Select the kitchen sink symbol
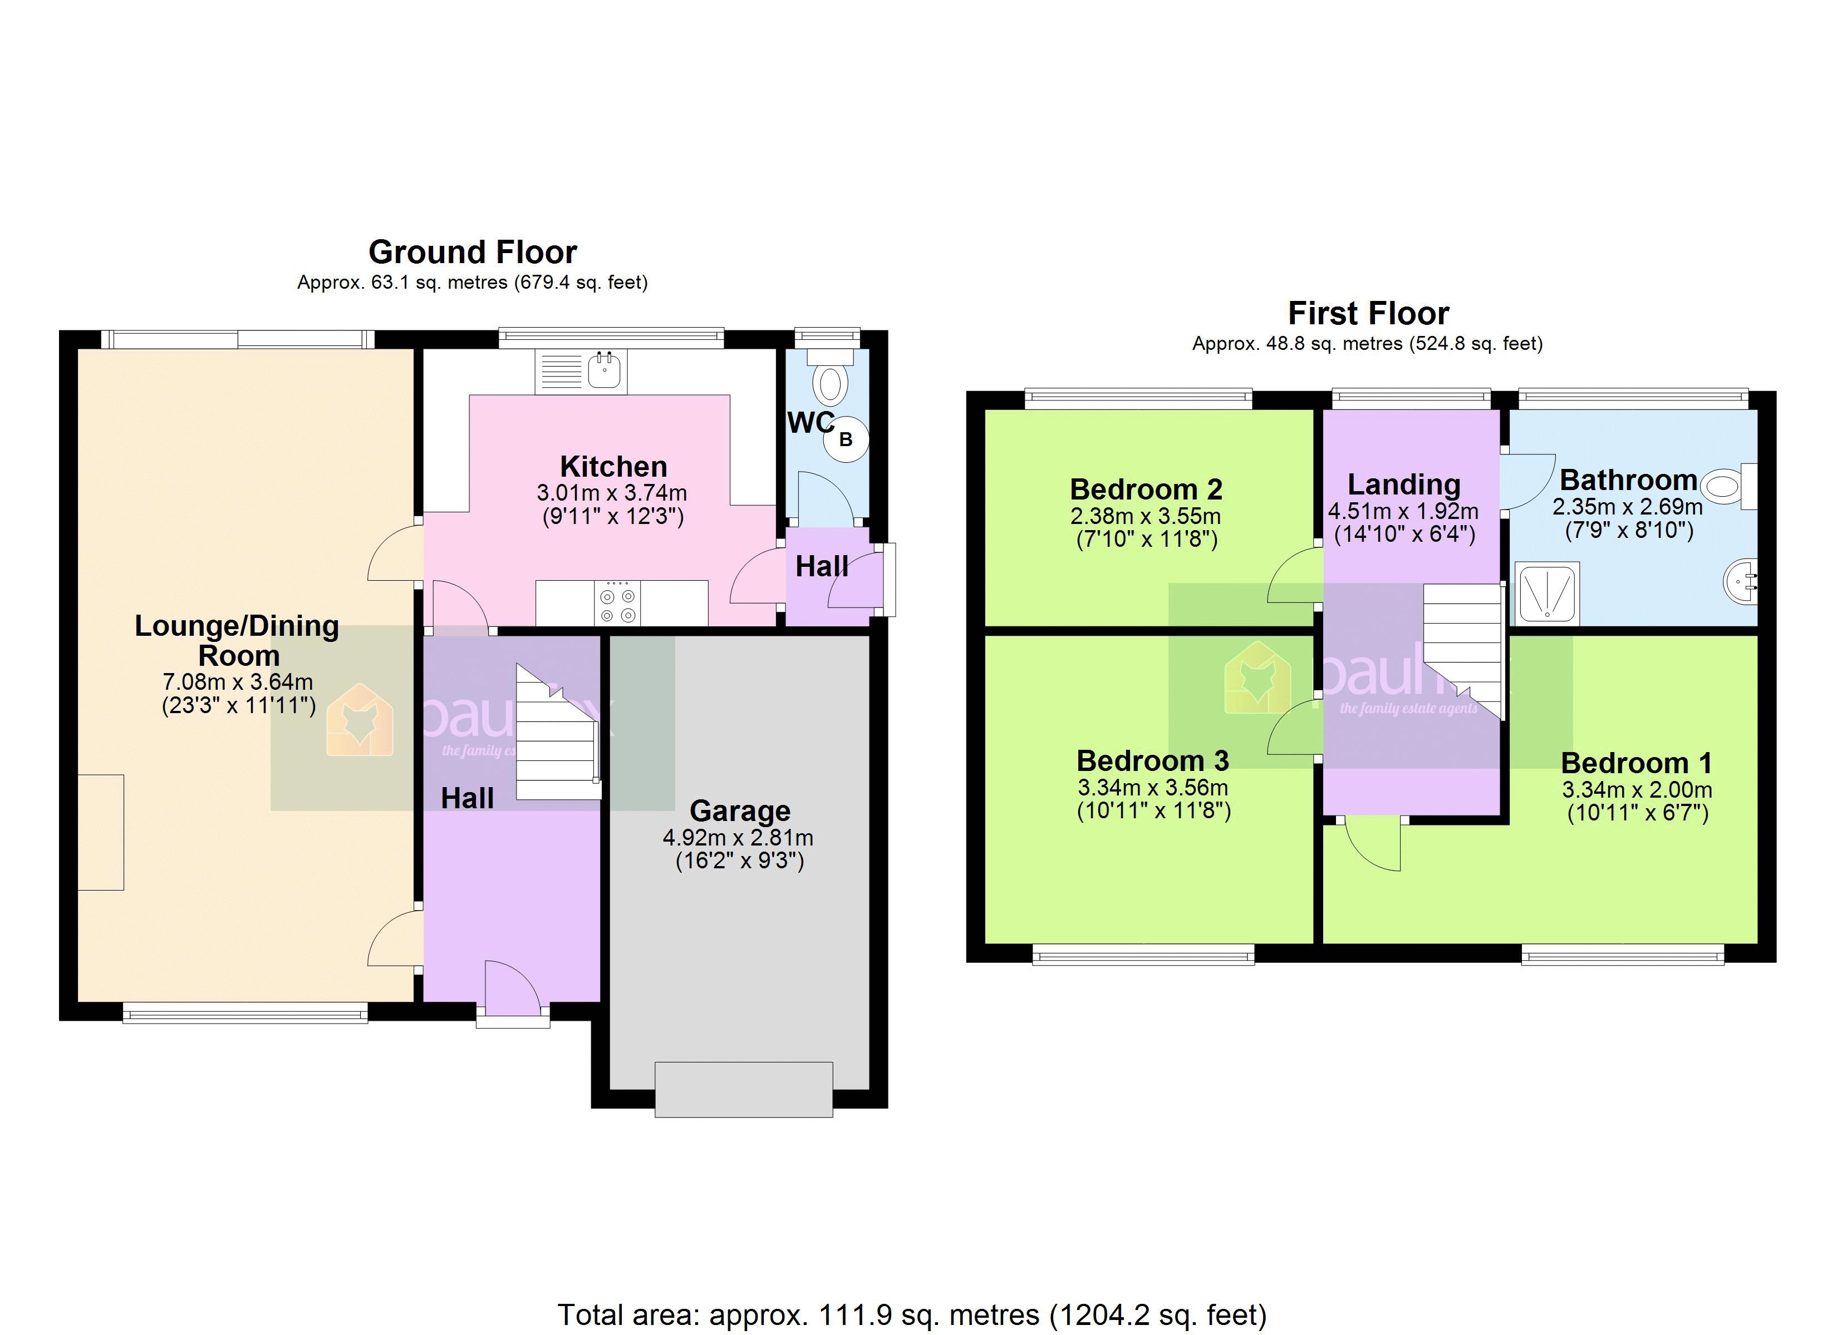[604, 371]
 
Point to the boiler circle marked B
[846, 439]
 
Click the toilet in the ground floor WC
[829, 384]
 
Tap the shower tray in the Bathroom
[1547, 594]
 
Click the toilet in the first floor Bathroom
[1723, 487]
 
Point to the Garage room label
[739, 810]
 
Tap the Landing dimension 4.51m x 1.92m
[1403, 512]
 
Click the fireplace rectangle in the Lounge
[101, 832]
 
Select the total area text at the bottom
[911, 1315]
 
